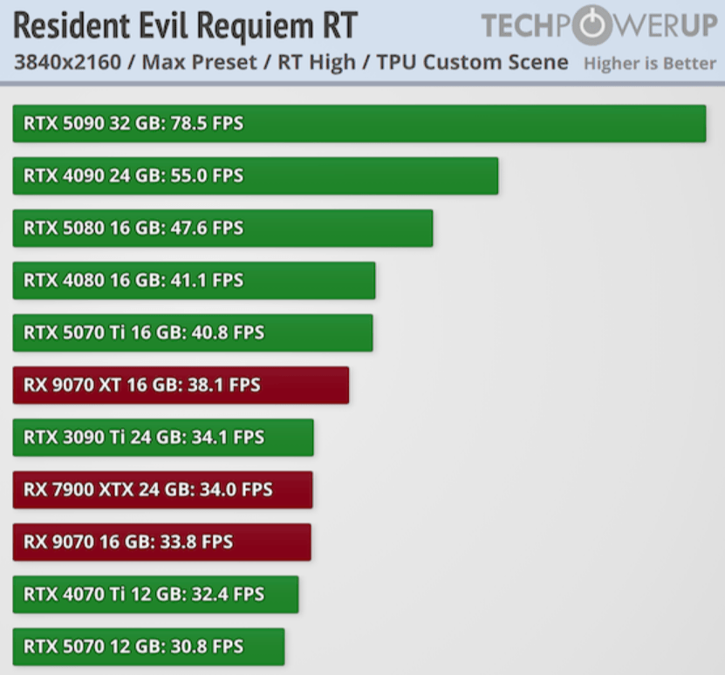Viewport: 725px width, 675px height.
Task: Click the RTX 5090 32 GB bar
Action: pos(359,124)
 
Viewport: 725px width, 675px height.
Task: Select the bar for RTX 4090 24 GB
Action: pos(256,175)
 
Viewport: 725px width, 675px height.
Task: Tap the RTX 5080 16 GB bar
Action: pos(222,228)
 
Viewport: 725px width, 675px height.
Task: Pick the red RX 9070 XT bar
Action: pos(181,385)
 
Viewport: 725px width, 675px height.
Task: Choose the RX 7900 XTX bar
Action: pos(163,489)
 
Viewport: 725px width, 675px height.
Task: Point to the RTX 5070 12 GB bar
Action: pos(148,646)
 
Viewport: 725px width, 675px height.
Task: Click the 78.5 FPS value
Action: pos(207,124)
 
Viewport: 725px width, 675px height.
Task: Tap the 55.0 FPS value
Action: pos(207,175)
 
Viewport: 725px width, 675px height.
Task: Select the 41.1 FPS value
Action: pos(207,280)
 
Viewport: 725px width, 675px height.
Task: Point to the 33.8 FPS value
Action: pos(196,542)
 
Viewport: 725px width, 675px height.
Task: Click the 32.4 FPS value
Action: pos(228,594)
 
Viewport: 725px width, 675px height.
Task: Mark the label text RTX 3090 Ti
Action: pos(74,438)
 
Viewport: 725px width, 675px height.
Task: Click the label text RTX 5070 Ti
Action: pos(74,333)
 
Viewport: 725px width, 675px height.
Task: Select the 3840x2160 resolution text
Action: pos(67,63)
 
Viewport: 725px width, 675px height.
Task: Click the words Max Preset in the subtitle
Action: pos(199,63)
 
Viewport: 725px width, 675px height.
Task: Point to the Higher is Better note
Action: pos(650,64)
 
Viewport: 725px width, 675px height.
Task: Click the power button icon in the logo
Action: pos(592,24)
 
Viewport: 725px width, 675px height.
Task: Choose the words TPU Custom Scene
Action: pos(472,63)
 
